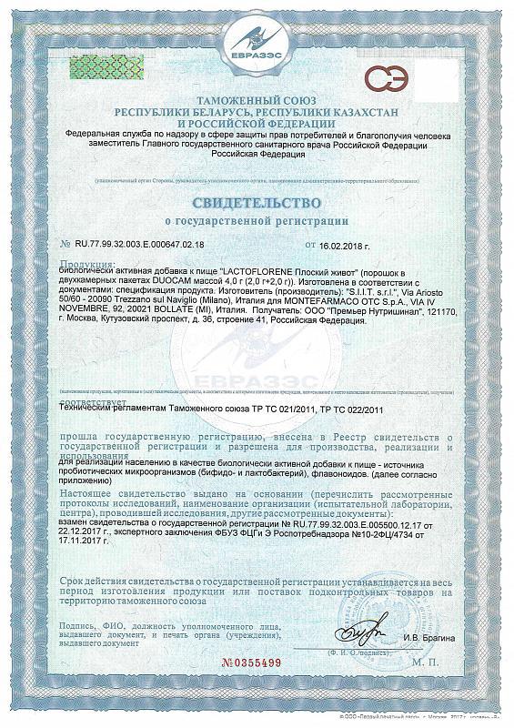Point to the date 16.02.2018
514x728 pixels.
(x=347, y=245)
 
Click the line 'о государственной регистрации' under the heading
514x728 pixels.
(x=257, y=220)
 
